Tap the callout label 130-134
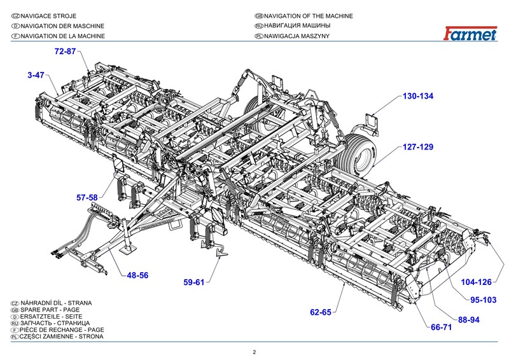click(x=417, y=97)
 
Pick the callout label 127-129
click(x=417, y=147)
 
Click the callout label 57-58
click(x=87, y=198)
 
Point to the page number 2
click(x=254, y=352)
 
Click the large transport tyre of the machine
click(x=361, y=148)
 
